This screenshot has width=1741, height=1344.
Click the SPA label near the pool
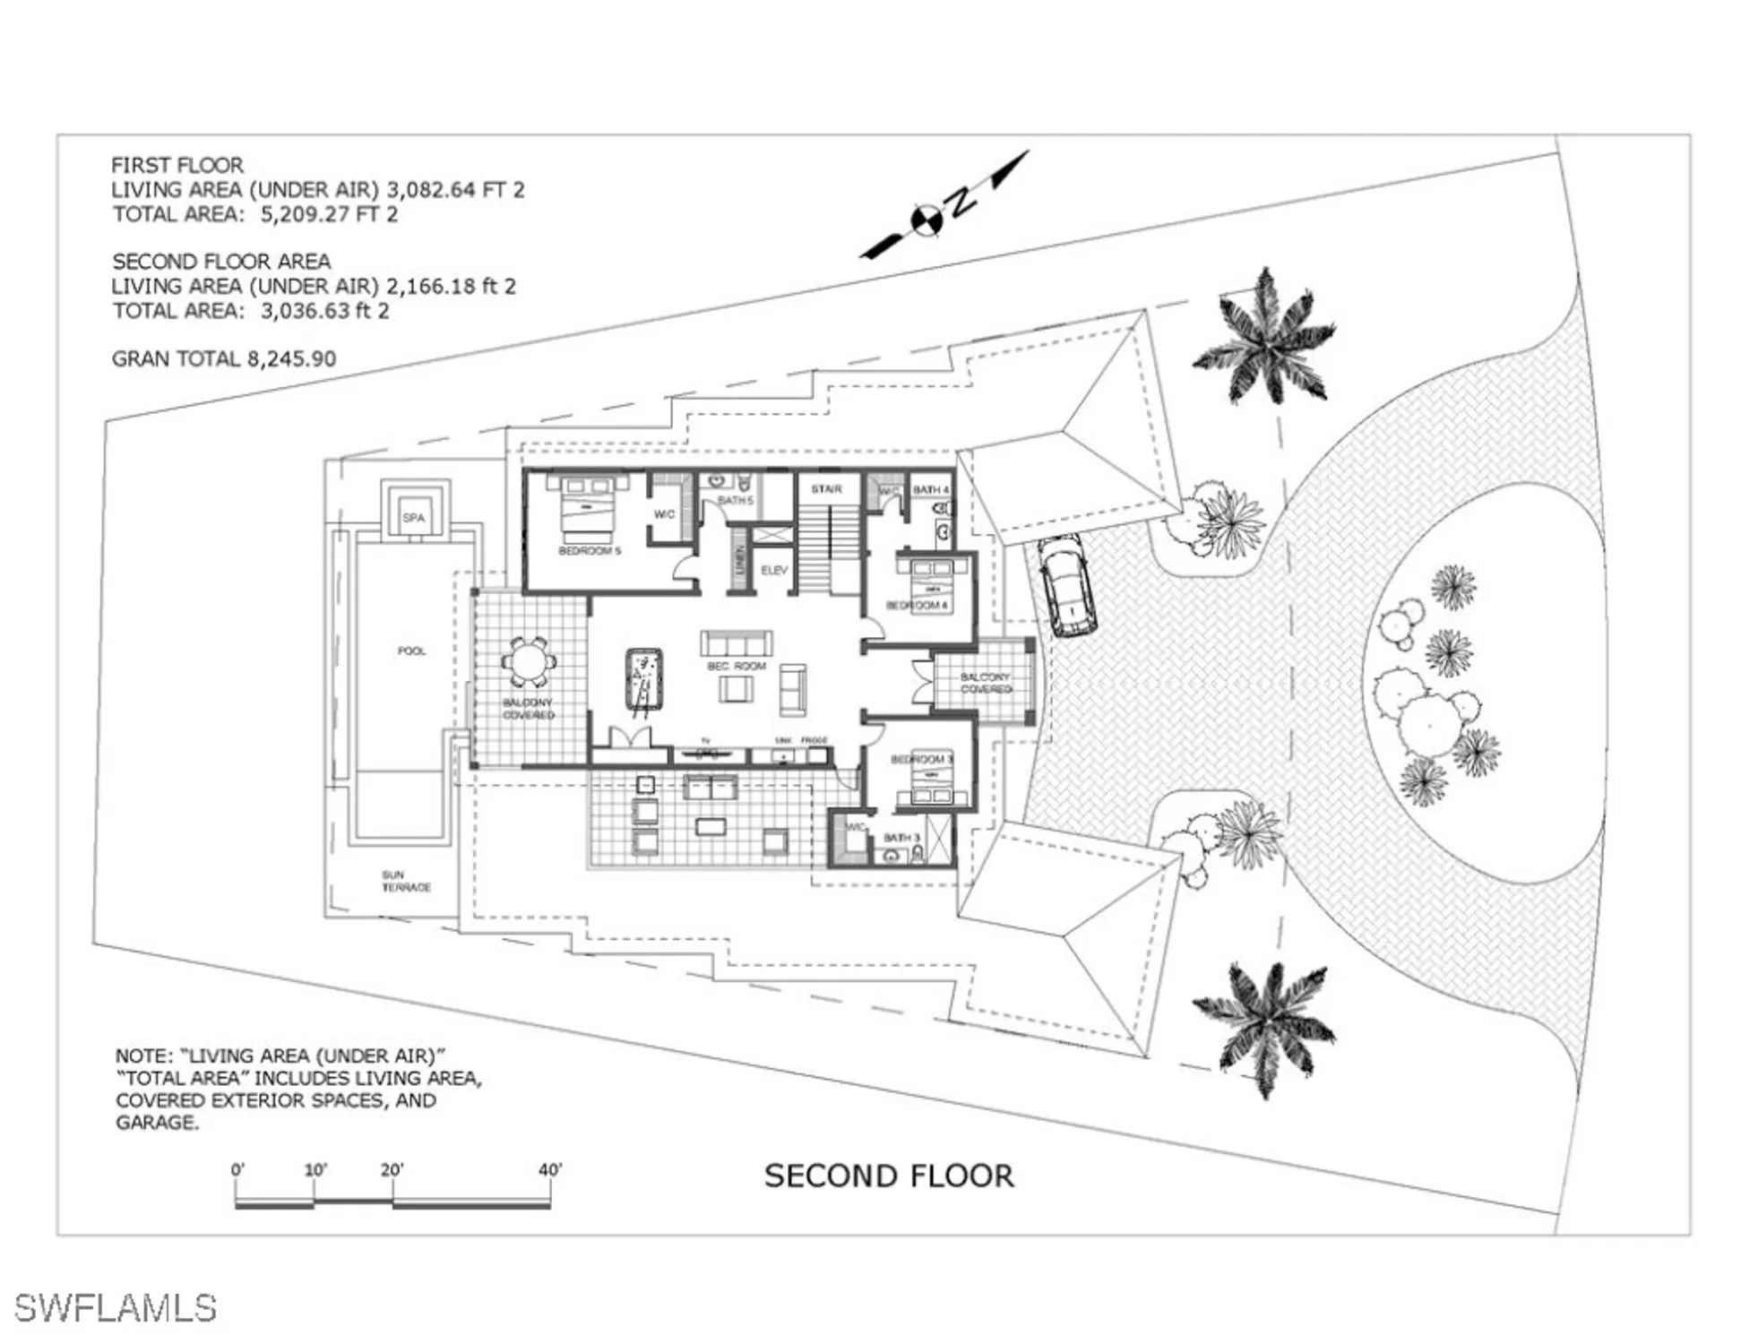[x=413, y=518]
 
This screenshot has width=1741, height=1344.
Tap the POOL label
[x=411, y=651]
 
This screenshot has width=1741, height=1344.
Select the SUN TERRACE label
[x=405, y=881]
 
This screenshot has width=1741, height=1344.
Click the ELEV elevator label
[x=774, y=571]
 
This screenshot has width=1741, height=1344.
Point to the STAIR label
[x=826, y=489]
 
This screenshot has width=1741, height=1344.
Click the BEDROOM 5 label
[x=590, y=551]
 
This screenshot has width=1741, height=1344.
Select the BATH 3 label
[x=901, y=838]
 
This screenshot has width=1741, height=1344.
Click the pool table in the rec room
[x=643, y=681]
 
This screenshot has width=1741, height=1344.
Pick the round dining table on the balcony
[x=529, y=664]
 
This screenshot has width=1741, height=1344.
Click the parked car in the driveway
[x=1066, y=586]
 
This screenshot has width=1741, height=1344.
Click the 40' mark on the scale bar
[x=550, y=1170]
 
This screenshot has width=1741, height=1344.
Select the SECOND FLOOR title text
[x=889, y=1176]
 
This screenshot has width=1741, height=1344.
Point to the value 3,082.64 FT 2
[x=455, y=190]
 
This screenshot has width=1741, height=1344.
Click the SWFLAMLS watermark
[x=116, y=1308]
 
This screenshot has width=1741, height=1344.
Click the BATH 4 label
[x=930, y=490]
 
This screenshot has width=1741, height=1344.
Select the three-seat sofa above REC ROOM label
[x=736, y=643]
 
